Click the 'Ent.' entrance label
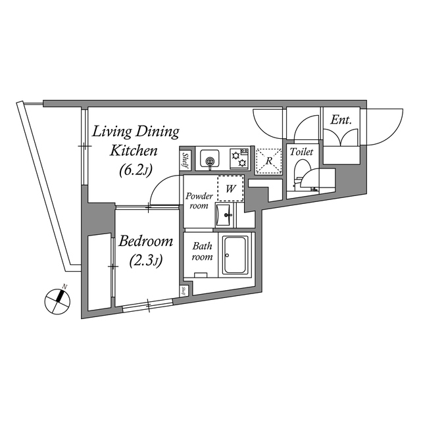click(341, 120)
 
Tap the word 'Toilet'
click(301, 152)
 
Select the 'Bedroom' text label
click(146, 241)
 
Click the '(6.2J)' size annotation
click(136, 170)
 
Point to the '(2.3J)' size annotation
click(146, 260)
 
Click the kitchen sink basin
click(210, 158)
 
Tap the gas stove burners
click(239, 159)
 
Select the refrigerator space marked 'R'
click(268, 161)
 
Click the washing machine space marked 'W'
click(230, 189)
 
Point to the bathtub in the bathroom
click(235, 255)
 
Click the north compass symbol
click(57, 301)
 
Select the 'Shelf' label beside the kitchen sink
click(185, 161)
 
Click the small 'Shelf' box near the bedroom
click(184, 291)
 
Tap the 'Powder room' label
click(199, 201)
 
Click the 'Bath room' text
click(202, 251)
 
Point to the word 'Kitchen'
click(134, 151)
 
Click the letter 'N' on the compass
click(64, 287)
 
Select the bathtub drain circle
click(227, 255)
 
